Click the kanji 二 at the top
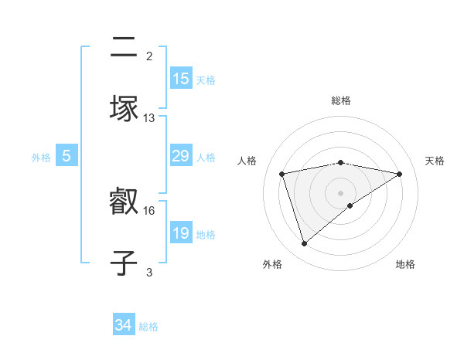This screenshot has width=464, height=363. [x=124, y=49]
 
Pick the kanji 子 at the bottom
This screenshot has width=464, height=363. [x=124, y=261]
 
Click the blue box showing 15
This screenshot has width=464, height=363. [x=181, y=78]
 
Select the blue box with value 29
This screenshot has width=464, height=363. [x=181, y=156]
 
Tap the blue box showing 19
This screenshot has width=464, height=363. [x=181, y=233]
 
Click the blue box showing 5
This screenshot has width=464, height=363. [x=67, y=156]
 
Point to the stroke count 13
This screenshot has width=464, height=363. [x=149, y=118]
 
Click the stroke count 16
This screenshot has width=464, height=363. [x=149, y=210]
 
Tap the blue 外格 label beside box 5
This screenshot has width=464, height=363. [x=41, y=157]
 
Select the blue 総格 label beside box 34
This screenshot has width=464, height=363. [x=148, y=327]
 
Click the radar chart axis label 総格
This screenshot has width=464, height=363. [x=341, y=100]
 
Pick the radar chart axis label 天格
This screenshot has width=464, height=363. [x=435, y=161]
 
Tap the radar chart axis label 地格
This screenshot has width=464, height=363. [x=405, y=264]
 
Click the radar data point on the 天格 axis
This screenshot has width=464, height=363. [x=399, y=174]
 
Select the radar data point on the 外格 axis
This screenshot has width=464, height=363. [x=304, y=244]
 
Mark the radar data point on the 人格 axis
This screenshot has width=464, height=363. [x=282, y=174]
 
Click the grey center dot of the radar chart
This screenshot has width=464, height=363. [x=341, y=192]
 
